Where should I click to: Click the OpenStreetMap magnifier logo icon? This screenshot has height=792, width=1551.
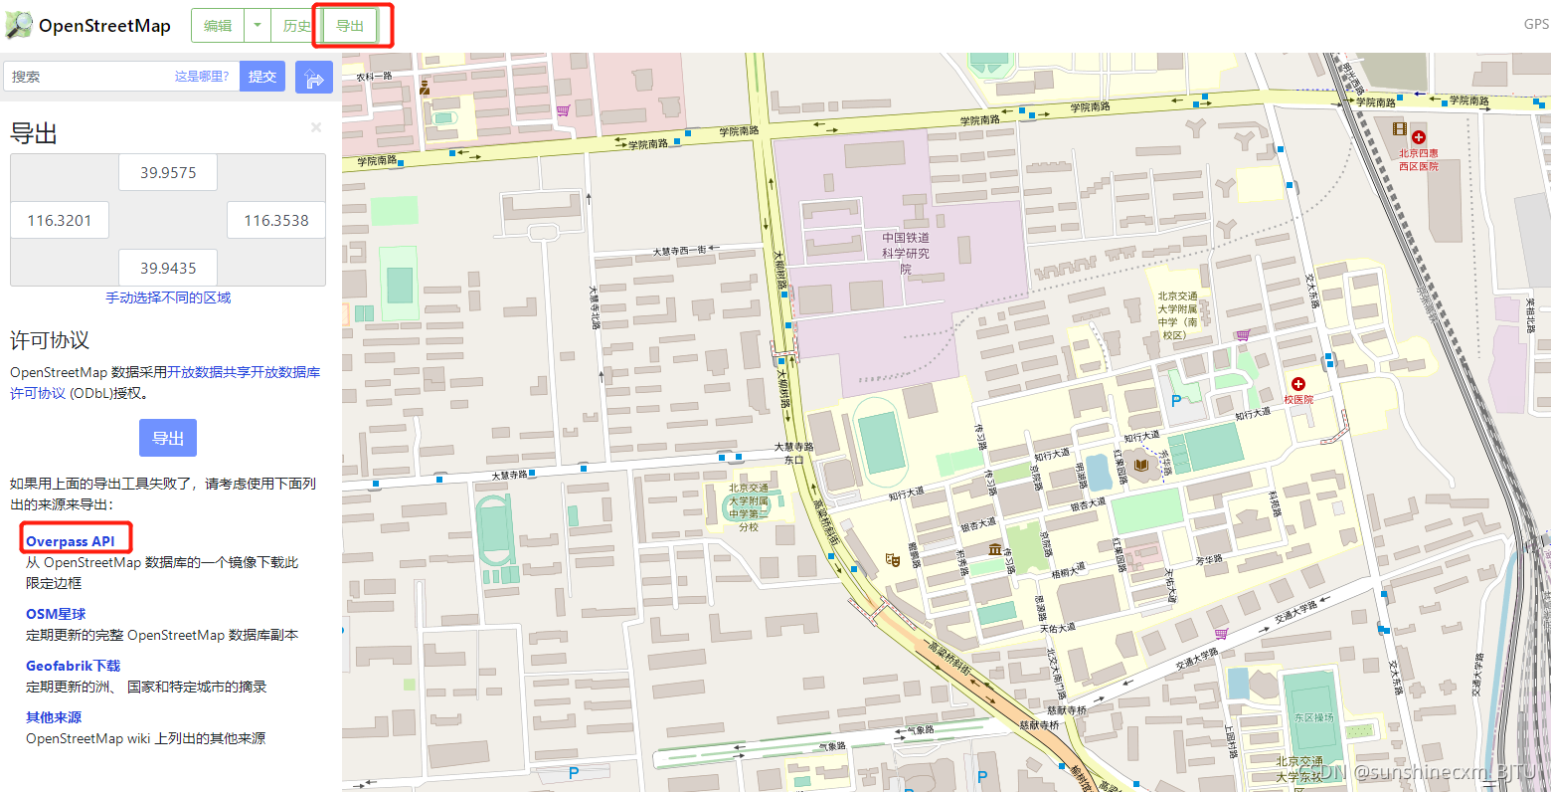(19, 25)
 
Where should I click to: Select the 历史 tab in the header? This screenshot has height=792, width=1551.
(295, 26)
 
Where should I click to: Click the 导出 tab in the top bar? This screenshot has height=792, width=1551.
(350, 26)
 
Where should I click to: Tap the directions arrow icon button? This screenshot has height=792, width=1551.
(314, 77)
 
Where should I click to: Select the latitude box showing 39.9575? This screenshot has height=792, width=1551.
(168, 173)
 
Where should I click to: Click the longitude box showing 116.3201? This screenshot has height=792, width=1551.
(60, 221)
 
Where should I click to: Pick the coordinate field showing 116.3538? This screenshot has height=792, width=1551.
(276, 221)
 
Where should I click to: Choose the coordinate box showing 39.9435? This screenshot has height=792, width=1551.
(168, 269)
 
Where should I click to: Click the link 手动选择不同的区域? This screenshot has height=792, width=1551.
(168, 297)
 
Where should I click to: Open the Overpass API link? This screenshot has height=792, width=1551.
(71, 541)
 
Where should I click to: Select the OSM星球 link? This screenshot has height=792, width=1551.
(56, 614)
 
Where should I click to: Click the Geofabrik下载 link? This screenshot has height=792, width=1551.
(73, 666)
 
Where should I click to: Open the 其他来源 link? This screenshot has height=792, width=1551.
(54, 717)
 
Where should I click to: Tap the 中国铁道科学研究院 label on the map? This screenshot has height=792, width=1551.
(906, 253)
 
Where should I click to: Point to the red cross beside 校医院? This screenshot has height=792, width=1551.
(1298, 384)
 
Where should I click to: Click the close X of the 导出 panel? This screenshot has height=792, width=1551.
(316, 127)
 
